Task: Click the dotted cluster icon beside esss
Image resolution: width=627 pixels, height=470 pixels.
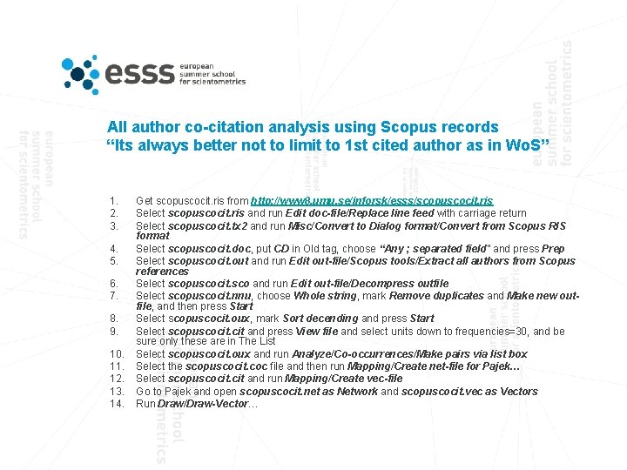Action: pyautogui.click(x=81, y=73)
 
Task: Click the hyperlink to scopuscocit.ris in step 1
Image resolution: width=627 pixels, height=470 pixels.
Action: pyautogui.click(x=372, y=200)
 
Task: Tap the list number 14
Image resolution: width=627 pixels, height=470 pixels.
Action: pyautogui.click(x=115, y=404)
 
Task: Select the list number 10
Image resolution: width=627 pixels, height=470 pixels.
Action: pyautogui.click(x=115, y=354)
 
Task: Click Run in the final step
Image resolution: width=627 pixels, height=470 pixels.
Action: pyautogui.click(x=145, y=404)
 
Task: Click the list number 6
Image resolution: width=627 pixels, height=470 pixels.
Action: pyautogui.click(x=113, y=284)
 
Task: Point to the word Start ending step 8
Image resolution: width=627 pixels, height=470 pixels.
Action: pyautogui.click(x=421, y=319)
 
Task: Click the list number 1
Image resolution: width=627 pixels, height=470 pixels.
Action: pyautogui.click(x=113, y=200)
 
